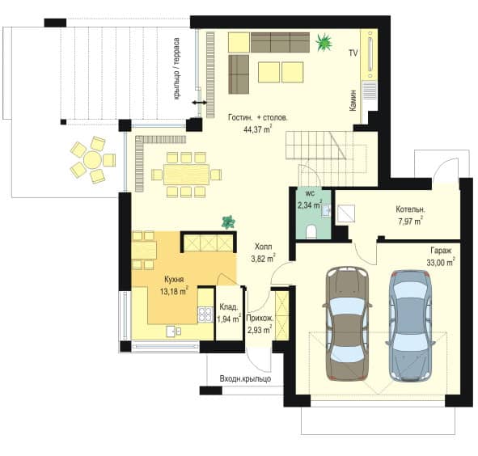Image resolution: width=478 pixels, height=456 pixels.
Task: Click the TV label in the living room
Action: click(353, 53)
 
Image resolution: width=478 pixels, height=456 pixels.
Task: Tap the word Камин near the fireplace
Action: click(353, 100)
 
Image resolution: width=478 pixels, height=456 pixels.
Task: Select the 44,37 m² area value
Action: click(257, 129)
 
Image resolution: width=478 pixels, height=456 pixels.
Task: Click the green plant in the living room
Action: click(324, 42)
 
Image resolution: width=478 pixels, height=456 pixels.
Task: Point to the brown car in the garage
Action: click(347, 323)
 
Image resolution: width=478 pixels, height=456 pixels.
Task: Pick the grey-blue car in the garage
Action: click(410, 326)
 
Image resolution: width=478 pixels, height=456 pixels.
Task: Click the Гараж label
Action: click(441, 251)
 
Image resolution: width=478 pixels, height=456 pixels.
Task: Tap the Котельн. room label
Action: click(410, 209)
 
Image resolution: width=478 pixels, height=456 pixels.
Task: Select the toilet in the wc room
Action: click(311, 231)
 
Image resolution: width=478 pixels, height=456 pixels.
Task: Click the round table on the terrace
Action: click(92, 159)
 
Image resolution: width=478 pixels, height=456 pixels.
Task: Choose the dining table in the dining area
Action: click(186, 175)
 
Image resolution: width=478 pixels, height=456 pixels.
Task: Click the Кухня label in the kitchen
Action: click(174, 280)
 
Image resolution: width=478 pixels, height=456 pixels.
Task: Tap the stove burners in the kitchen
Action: click(205, 315)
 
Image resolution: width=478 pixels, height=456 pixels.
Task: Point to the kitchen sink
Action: click(174, 331)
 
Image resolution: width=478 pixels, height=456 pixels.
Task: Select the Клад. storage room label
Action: click(228, 306)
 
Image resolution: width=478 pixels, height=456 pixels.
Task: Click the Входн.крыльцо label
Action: click(245, 378)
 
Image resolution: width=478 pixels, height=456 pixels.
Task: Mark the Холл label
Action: click(264, 247)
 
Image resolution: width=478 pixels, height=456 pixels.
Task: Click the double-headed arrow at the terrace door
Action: click(200, 103)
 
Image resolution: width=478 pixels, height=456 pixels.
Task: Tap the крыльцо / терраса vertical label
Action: click(176, 69)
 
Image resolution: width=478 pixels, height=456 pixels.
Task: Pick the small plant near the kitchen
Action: click(228, 222)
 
